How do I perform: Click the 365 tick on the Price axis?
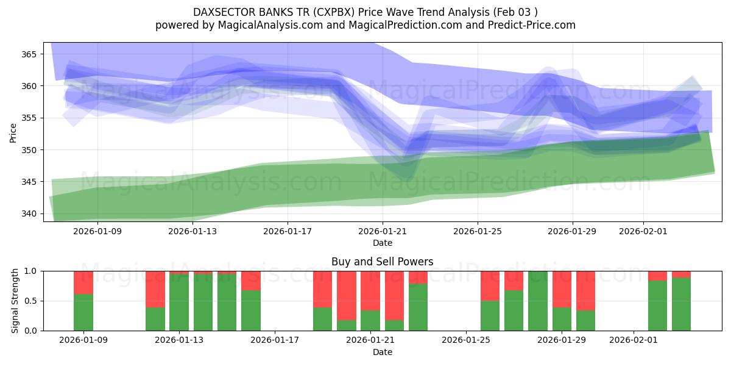pyautogui.click(x=29, y=54)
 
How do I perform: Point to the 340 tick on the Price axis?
pyautogui.click(x=29, y=213)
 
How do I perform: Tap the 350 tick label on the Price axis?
pyautogui.click(x=29, y=150)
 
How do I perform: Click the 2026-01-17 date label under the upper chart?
pyautogui.click(x=287, y=231)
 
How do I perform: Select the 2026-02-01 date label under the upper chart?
pyautogui.click(x=643, y=231)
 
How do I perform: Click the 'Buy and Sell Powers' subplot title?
pyautogui.click(x=382, y=262)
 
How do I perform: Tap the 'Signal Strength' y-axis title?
pyautogui.click(x=15, y=301)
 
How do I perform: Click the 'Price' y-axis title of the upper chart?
pyautogui.click(x=13, y=133)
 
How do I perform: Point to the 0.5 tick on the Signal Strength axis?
pyautogui.click(x=30, y=301)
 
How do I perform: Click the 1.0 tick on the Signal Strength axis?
pyautogui.click(x=30, y=271)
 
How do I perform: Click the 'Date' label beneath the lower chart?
pyautogui.click(x=382, y=352)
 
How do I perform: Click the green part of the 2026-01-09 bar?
pyautogui.click(x=83, y=312)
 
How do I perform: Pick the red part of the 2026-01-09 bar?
pyautogui.click(x=83, y=282)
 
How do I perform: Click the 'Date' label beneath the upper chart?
pyautogui.click(x=382, y=243)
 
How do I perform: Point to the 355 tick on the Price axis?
pyautogui.click(x=29, y=118)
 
